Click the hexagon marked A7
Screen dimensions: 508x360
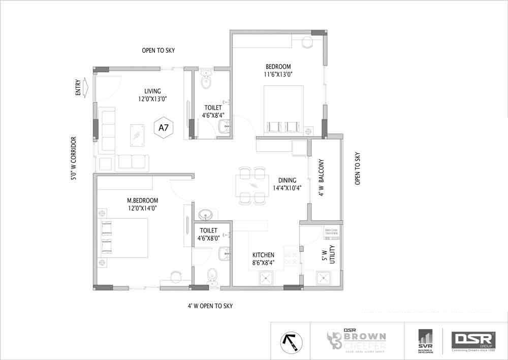point(164,128)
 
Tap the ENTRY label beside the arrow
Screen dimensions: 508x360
point(78,87)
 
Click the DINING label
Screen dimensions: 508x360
point(287,180)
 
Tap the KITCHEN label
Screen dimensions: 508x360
point(264,254)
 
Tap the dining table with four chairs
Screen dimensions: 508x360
point(252,185)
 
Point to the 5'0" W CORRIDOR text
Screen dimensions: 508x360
point(74,158)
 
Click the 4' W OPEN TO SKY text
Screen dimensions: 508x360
point(210,306)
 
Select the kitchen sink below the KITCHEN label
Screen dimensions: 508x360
point(265,278)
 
